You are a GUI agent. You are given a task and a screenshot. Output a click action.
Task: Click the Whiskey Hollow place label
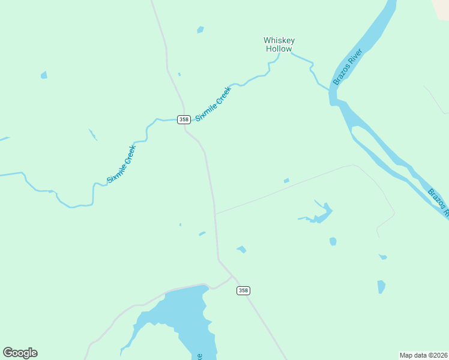pos(279,44)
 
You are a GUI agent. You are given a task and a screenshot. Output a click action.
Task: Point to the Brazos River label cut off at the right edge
pos(439,202)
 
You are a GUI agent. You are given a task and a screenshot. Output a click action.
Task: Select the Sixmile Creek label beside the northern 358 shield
pos(213,103)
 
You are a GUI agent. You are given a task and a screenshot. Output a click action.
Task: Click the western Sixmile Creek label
pos(122,164)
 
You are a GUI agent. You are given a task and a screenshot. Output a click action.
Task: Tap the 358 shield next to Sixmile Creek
pos(184,119)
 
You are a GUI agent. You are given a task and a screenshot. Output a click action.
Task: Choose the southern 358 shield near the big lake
pos(243,290)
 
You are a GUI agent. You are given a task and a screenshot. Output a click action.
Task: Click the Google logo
pos(20,353)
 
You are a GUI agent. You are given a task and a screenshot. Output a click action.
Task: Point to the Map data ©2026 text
pos(424,355)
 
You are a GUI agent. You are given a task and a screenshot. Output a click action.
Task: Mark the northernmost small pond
pos(200,29)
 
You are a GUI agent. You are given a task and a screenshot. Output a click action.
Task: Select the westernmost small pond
pos(44,75)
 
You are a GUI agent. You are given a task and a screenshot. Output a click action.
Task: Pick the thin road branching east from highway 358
pos(282,190)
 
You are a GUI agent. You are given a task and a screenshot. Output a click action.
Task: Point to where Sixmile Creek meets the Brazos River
pos(330,89)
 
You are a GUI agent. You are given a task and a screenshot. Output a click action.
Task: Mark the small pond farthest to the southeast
pos(381,287)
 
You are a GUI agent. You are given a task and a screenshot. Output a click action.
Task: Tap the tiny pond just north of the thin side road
pos(286,181)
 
